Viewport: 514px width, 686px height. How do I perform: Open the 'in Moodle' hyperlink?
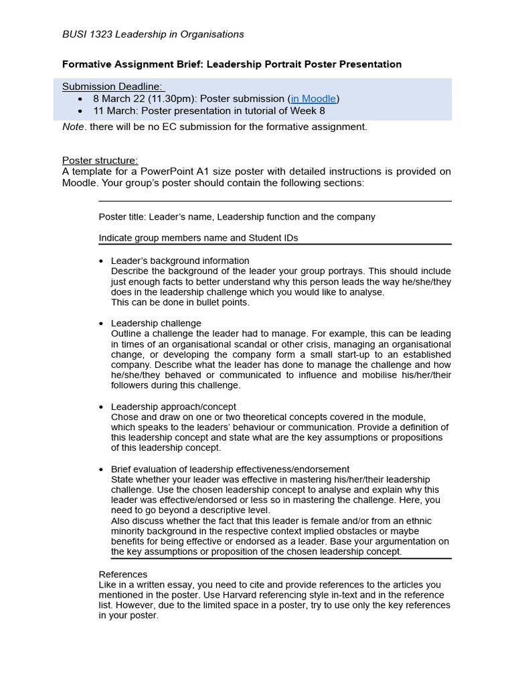point(313,98)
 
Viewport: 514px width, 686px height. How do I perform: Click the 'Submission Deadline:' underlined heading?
point(113,86)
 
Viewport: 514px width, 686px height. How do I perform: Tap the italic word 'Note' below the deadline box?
point(73,127)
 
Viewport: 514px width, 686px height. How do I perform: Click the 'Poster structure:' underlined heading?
point(100,160)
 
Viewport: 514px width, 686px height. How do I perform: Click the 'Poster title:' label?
point(122,217)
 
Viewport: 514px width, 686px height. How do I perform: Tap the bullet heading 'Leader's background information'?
point(180,261)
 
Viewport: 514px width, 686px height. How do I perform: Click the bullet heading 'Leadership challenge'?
point(156,323)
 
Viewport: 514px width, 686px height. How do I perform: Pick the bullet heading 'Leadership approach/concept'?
point(173,407)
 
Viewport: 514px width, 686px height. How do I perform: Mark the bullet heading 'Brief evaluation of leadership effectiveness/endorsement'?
point(230,469)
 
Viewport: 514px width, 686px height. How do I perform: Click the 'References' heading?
point(123,574)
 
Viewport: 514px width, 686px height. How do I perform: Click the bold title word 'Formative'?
point(86,64)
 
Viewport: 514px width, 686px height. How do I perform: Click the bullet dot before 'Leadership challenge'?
point(101,324)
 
